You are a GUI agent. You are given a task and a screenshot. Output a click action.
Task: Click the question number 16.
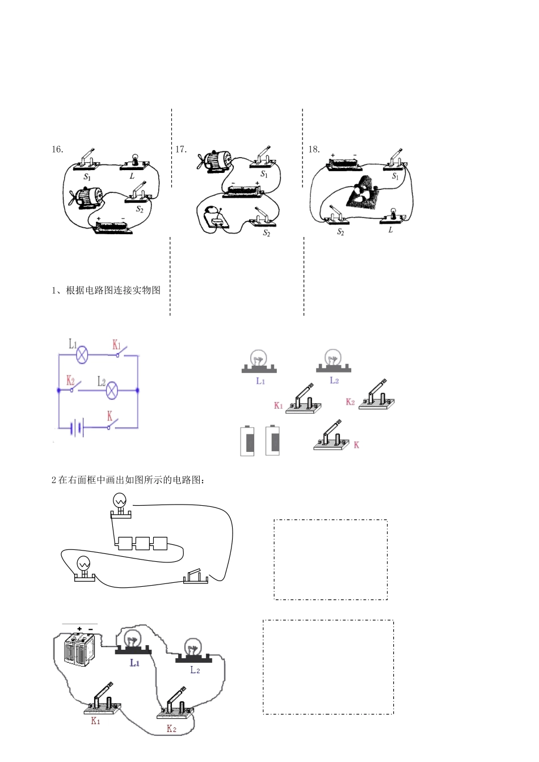point(57,150)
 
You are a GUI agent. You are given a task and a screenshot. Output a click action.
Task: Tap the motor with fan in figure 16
point(85,198)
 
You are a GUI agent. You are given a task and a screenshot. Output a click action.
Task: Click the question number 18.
point(314,150)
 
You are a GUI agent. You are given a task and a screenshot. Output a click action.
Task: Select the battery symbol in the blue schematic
point(77,427)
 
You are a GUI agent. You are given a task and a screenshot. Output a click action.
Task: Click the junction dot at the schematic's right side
point(138,391)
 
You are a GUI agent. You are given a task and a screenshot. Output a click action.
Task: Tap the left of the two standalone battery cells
point(248,441)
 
